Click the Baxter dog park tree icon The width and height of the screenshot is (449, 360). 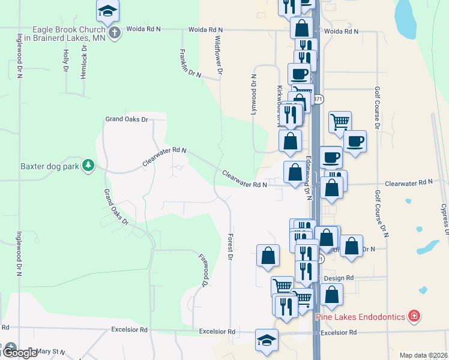pos(88,165)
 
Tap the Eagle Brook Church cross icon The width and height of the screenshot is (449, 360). pos(113,32)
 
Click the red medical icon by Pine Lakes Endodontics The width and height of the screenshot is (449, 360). pos(413,315)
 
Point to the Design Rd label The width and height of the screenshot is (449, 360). pos(339,278)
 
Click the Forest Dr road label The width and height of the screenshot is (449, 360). pos(230,247)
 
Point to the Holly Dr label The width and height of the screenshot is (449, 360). pos(65,61)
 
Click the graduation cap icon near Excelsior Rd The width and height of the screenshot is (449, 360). pos(267,340)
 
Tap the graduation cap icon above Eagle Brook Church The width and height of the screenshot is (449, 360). pos(107,10)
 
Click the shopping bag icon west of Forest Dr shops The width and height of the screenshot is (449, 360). pos(268,255)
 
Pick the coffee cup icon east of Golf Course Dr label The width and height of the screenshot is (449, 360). pos(355,142)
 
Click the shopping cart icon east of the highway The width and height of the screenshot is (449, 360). pos(340,121)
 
